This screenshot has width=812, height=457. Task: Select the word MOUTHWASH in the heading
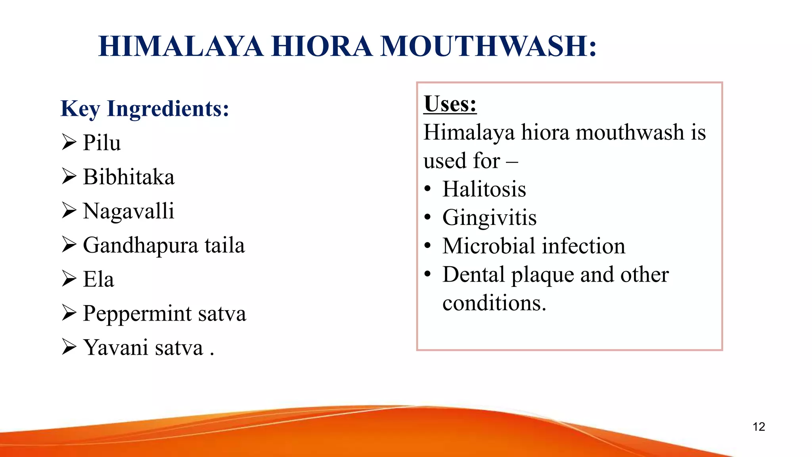[x=488, y=46]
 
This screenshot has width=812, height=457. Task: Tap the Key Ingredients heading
[x=145, y=109]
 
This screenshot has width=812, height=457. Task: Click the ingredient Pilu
[x=101, y=143]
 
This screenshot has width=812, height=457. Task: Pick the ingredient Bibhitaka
[x=128, y=177]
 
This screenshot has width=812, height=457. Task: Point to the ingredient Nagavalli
[x=128, y=211]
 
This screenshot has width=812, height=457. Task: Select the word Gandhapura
[x=140, y=246]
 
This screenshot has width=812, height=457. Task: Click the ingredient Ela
[x=98, y=279]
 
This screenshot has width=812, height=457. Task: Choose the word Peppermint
[x=137, y=314]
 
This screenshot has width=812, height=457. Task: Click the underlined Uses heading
[x=450, y=104]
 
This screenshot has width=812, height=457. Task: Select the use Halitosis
[x=484, y=189]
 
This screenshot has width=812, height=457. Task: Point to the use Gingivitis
[x=489, y=218]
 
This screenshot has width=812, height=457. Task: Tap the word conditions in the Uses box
[x=494, y=303]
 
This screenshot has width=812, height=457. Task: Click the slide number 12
[x=758, y=427]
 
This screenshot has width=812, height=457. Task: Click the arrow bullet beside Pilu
[x=69, y=142]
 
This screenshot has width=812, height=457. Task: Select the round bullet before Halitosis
[x=427, y=189]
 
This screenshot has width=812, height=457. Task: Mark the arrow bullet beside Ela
[x=69, y=278]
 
